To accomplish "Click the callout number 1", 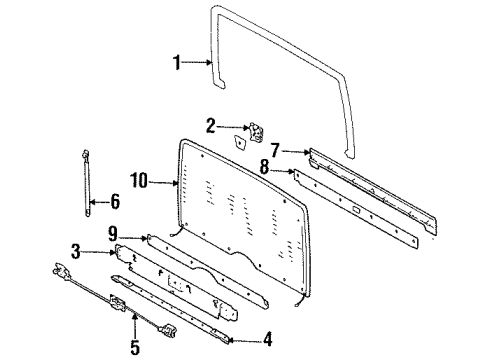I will (x=178, y=63).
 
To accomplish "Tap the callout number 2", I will (x=210, y=127).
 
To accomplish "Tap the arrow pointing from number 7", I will (x=297, y=151).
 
